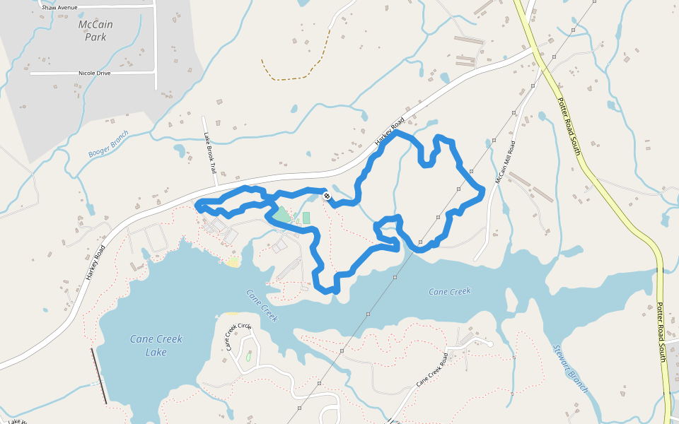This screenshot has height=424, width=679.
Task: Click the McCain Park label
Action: (95, 30)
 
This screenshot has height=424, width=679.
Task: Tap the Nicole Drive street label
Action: (94, 73)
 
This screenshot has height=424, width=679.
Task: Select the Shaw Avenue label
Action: (59, 7)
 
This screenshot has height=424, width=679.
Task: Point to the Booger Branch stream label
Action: (109, 144)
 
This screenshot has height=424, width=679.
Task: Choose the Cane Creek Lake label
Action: (156, 345)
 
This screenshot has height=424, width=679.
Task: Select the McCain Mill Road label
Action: (505, 162)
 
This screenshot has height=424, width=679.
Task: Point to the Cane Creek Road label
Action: (431, 369)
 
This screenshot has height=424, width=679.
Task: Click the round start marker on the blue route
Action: (327, 196)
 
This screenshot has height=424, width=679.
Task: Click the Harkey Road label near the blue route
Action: (389, 132)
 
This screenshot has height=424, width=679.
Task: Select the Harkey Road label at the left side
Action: (95, 263)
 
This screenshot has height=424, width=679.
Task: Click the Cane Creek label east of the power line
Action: (449, 291)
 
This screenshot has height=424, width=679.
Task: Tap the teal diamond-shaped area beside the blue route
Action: (282, 214)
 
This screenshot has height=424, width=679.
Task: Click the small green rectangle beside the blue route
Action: (306, 218)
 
